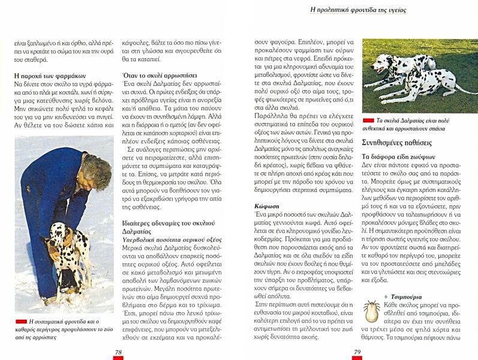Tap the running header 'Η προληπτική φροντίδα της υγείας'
click(359, 10)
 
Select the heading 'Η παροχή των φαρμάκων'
click(50, 76)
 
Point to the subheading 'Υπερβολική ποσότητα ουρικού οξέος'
click(172, 239)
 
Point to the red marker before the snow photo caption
click(21, 322)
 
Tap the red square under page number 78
click(119, 358)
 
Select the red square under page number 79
click(357, 358)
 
